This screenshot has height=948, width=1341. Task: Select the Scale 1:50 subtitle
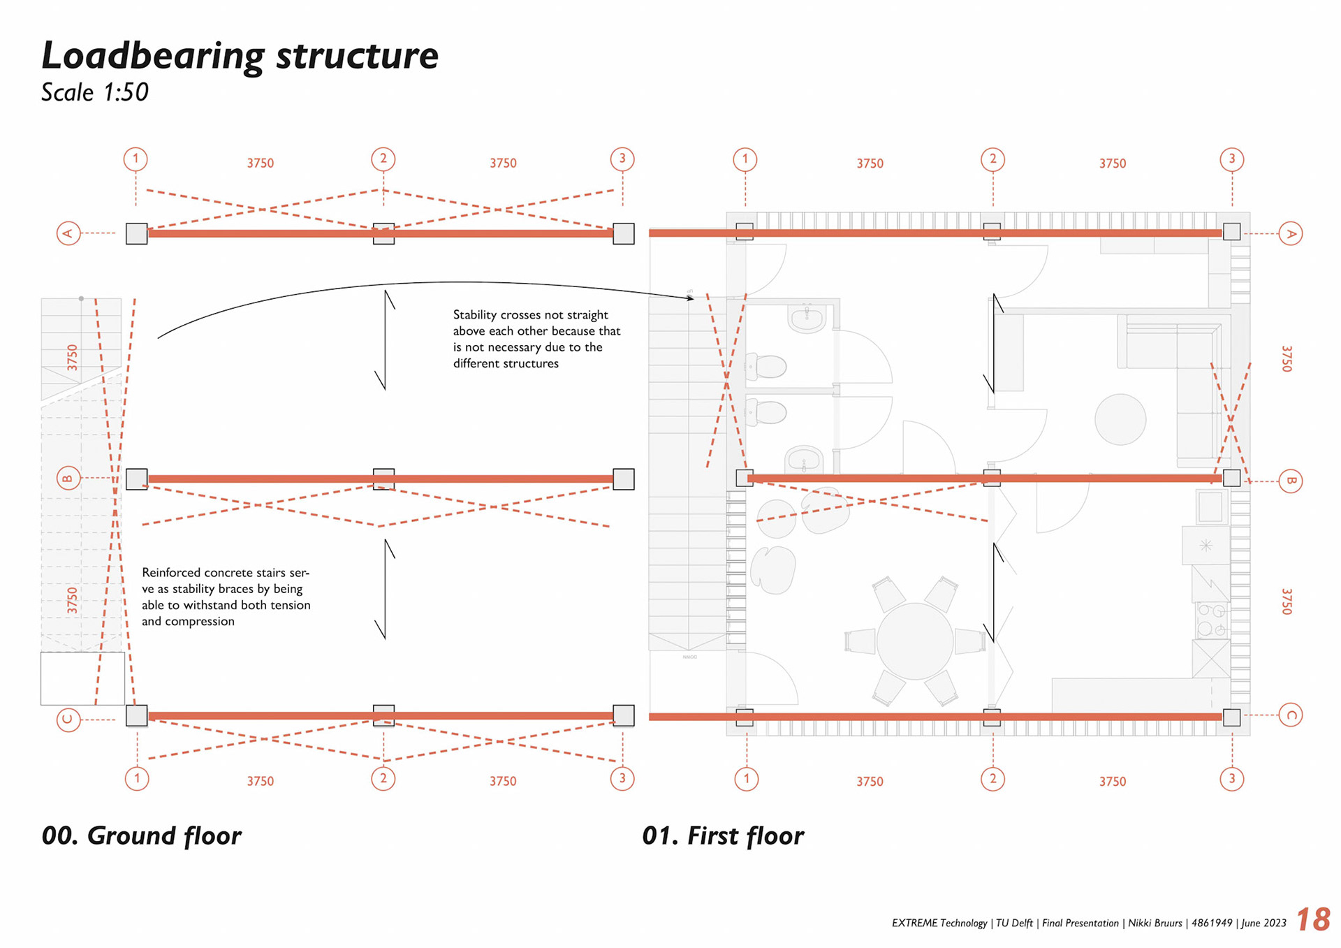click(95, 92)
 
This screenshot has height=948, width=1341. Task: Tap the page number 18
click(1313, 919)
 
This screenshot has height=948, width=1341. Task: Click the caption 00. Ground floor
click(141, 836)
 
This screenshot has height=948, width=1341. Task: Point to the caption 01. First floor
click(723, 836)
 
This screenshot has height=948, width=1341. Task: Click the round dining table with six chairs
click(914, 641)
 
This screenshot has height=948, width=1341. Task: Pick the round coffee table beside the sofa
click(1120, 419)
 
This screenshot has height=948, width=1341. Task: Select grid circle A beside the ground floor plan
click(68, 233)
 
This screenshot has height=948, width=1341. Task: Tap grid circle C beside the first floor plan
click(1290, 715)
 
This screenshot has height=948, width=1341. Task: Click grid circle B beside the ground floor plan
click(68, 479)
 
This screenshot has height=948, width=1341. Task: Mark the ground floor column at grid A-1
click(136, 233)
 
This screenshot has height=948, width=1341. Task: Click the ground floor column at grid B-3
click(623, 479)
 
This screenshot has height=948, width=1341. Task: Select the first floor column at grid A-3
click(1231, 232)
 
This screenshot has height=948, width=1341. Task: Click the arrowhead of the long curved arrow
click(691, 298)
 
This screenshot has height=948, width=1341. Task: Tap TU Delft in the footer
click(1014, 924)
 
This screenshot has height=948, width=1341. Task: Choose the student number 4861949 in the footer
click(1212, 924)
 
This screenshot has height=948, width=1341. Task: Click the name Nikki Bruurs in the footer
click(1155, 924)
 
